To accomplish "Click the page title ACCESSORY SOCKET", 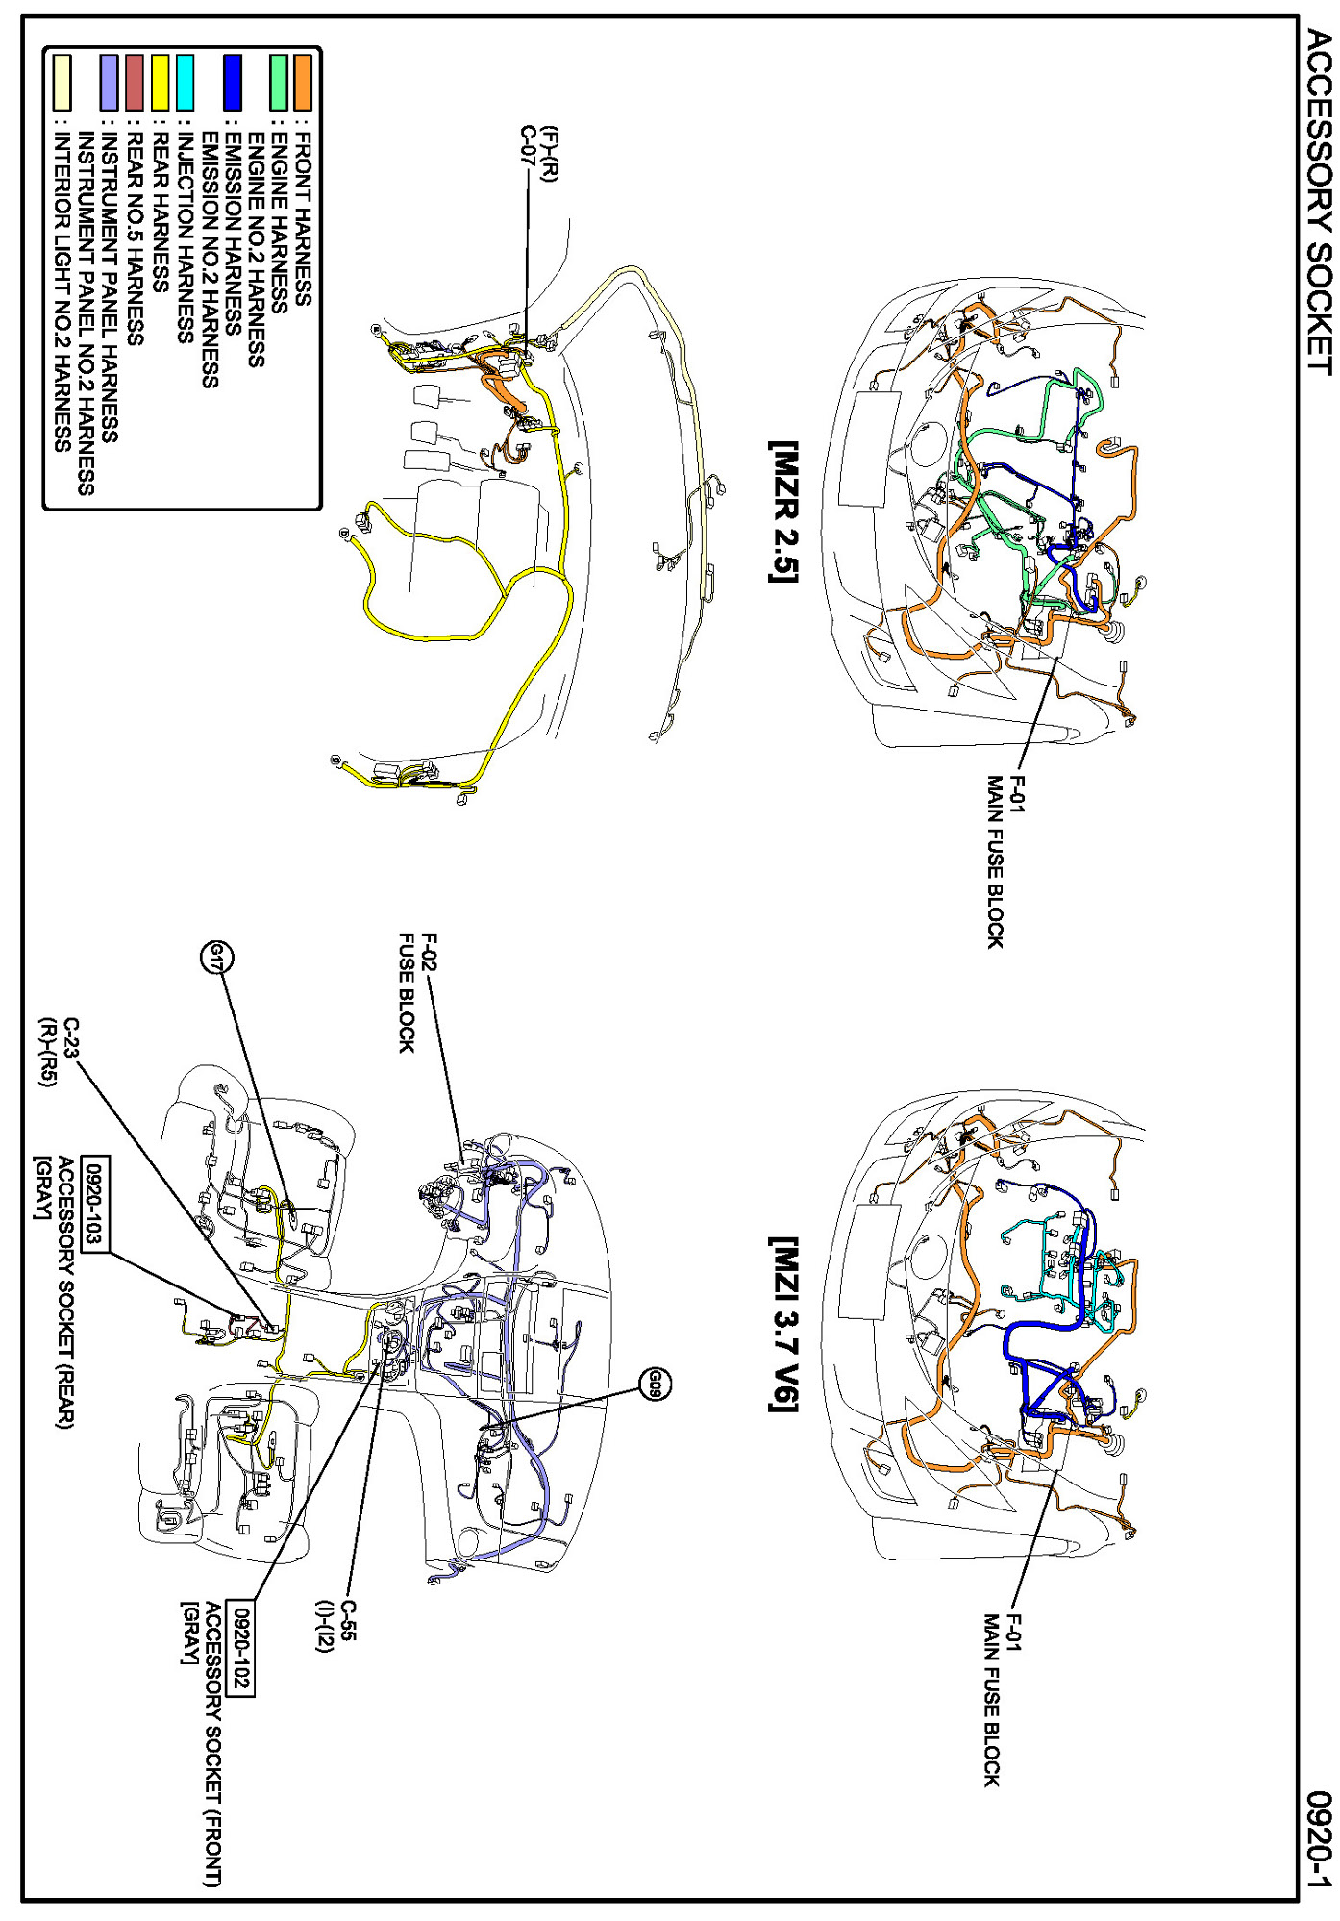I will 1319,203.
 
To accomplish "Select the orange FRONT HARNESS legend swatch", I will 303,83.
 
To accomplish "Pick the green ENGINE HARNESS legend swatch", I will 279,83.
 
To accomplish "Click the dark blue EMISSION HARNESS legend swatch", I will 232,83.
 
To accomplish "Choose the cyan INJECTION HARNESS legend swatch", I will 186,83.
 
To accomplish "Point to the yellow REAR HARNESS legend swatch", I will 161,83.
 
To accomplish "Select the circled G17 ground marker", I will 218,958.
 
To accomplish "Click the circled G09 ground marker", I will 654,1384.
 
